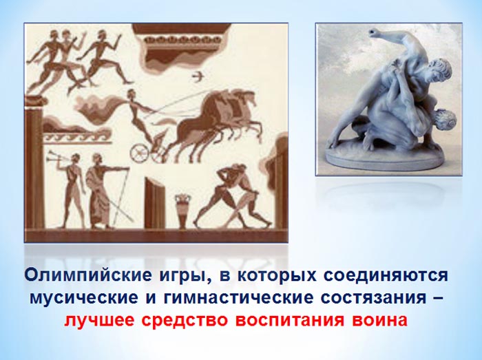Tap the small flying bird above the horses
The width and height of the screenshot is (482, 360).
(197, 76)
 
